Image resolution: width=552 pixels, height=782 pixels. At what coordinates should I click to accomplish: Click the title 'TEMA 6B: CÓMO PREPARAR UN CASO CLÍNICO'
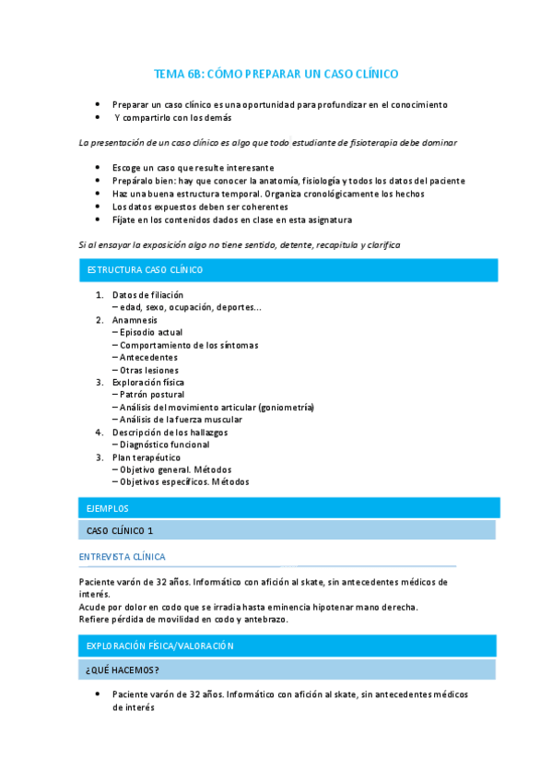276,74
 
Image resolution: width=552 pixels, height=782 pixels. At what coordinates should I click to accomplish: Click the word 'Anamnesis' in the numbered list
135,319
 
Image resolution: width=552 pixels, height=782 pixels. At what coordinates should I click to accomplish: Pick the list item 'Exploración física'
148,382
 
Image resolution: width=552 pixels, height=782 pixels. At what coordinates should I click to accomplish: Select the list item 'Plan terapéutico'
147,457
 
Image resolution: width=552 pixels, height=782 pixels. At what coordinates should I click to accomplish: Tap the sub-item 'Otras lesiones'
148,370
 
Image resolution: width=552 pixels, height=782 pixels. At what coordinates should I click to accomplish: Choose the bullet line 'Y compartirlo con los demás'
173,118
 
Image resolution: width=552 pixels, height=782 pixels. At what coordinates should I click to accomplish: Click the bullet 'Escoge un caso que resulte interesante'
193,168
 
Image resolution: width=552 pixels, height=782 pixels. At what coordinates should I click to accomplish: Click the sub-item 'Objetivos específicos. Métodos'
182,481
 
